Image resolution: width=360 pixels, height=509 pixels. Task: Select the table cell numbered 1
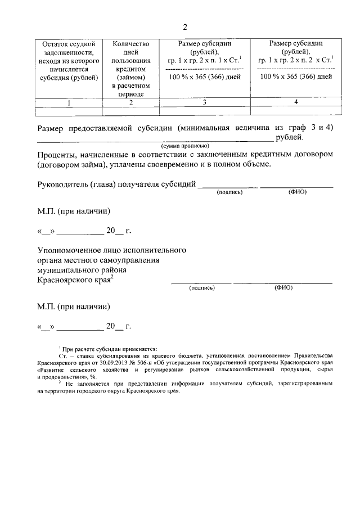(x=69, y=102)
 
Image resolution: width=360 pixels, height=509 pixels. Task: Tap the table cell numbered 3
(x=204, y=102)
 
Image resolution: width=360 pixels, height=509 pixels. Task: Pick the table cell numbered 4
(x=296, y=102)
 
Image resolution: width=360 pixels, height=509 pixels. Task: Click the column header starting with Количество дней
(x=130, y=68)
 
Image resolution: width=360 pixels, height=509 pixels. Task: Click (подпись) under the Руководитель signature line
(x=229, y=192)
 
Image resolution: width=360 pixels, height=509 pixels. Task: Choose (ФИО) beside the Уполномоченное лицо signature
(x=283, y=287)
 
